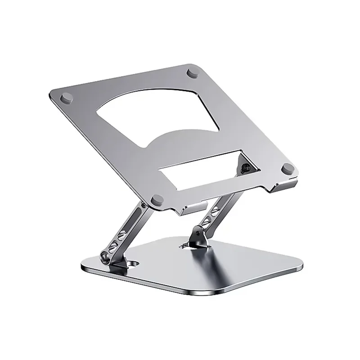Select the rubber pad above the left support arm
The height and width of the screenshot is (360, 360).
click(x=157, y=198)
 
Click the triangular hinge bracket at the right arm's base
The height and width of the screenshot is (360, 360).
click(x=198, y=236)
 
